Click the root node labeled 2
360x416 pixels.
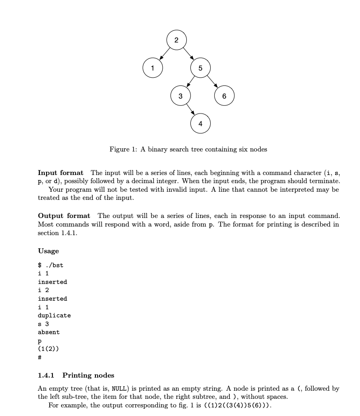(x=176, y=40)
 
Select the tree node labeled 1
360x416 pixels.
(x=152, y=68)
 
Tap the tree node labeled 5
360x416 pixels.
(x=200, y=68)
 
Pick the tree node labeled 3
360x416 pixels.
(x=180, y=96)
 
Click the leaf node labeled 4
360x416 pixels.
(x=200, y=123)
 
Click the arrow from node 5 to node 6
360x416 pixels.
(x=212, y=82)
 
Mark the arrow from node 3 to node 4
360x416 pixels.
(x=190, y=110)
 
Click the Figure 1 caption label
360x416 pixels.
(x=124, y=149)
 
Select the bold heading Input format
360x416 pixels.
(x=61, y=173)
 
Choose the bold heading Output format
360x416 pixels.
(x=64, y=216)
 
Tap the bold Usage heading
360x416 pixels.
(x=48, y=251)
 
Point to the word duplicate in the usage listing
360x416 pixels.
(x=54, y=315)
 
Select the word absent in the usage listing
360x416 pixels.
(x=49, y=332)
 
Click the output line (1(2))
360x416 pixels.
(x=48, y=349)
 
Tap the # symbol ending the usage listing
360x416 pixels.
(x=40, y=357)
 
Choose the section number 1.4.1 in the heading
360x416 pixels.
(x=46, y=375)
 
